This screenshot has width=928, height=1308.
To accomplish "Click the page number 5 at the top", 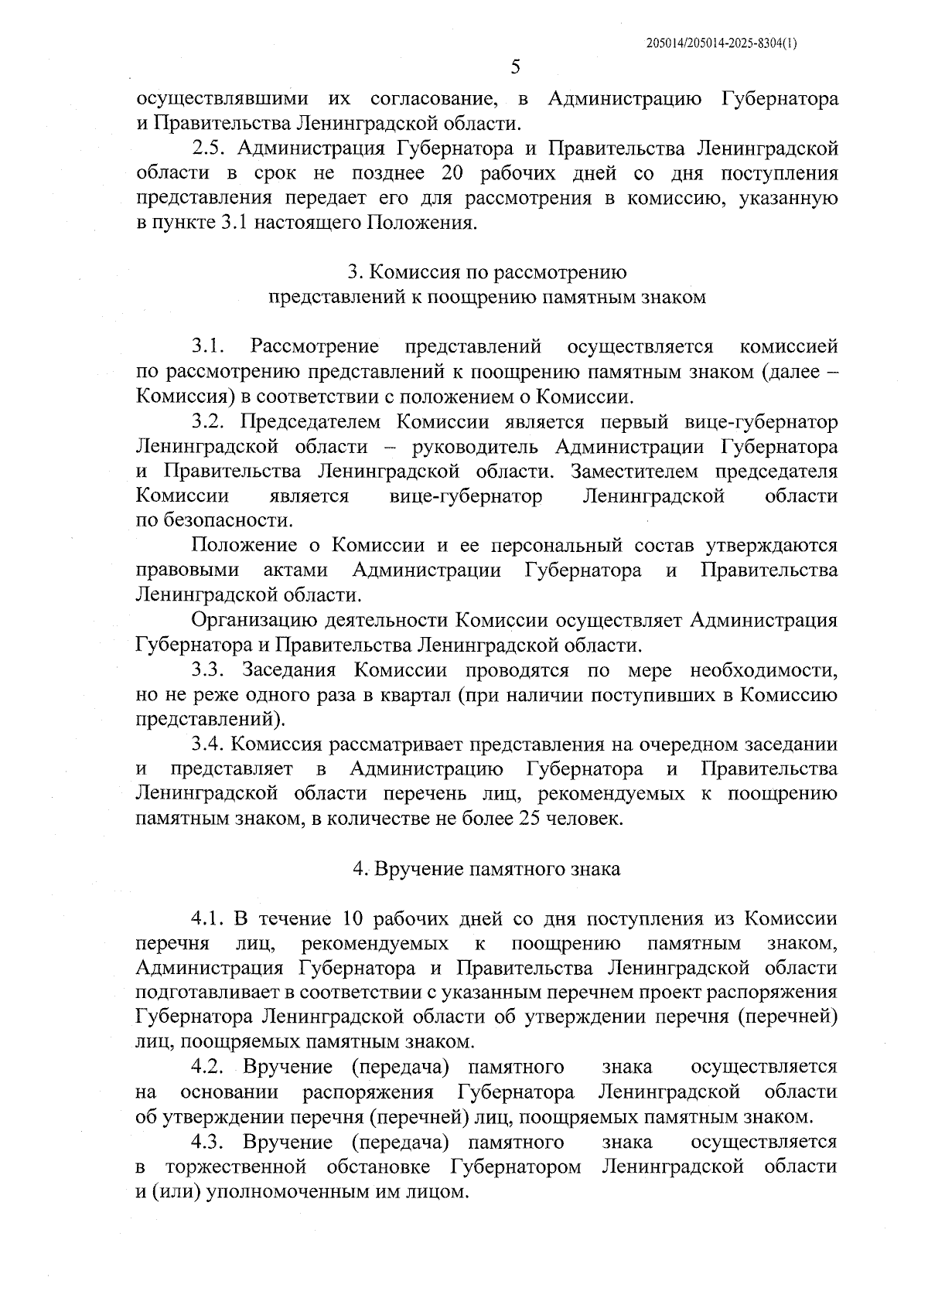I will pos(516,68).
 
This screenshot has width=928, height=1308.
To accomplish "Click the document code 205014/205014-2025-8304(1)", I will pos(721,44).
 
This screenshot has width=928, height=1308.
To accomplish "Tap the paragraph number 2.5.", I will pos(209,149).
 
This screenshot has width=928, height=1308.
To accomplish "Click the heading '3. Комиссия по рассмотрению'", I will pos(486,273).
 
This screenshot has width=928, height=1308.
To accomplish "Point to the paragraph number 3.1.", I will pos(209,347).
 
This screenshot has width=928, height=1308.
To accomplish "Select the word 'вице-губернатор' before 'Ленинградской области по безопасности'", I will pos(466,496).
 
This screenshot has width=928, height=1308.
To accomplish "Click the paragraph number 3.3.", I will pos(209,670).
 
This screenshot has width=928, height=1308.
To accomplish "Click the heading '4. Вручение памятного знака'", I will pos(486,869).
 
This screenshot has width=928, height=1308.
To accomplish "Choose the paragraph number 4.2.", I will pos(209,1068).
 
